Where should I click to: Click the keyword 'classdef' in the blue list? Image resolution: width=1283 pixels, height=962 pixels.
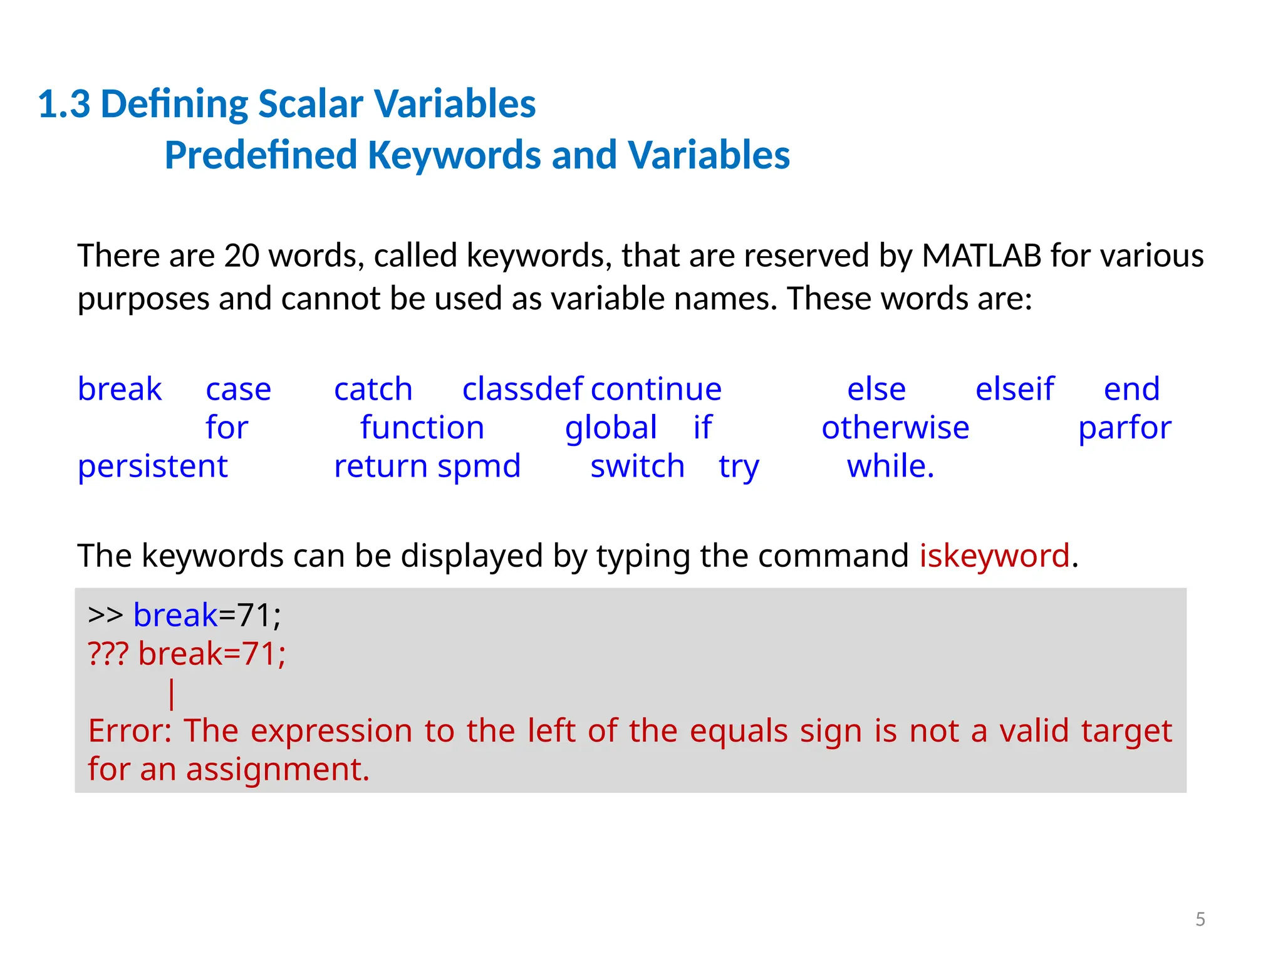point(522,390)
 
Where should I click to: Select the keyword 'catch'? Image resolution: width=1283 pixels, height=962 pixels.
point(373,390)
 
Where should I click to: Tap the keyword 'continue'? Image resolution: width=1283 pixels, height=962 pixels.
point(656,390)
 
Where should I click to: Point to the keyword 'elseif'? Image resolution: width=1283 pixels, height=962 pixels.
point(1015,390)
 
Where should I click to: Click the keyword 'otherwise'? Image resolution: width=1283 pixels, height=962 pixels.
point(895,428)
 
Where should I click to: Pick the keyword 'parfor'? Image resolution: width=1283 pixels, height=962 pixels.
point(1125,428)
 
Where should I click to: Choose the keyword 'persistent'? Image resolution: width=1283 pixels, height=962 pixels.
point(153,467)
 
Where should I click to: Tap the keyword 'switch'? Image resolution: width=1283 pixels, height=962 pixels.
point(638,467)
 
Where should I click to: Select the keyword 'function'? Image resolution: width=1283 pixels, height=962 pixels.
point(422,428)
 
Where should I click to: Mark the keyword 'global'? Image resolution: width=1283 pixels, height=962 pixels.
point(611,428)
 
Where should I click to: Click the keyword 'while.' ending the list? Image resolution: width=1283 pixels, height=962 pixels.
point(890,467)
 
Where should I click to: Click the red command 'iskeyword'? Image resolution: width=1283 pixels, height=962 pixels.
point(994,556)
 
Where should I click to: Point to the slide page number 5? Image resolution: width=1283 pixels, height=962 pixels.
point(1200,919)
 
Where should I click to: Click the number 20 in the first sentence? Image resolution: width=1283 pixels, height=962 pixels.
point(242,256)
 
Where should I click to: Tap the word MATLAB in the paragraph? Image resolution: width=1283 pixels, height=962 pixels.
point(982,256)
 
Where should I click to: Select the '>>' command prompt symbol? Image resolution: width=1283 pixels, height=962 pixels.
point(105,615)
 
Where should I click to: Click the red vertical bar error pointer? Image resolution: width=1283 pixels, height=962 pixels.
point(172,694)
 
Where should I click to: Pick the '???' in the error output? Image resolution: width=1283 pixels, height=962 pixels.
point(108,654)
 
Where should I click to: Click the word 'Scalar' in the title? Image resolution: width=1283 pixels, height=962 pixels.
point(310,104)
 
